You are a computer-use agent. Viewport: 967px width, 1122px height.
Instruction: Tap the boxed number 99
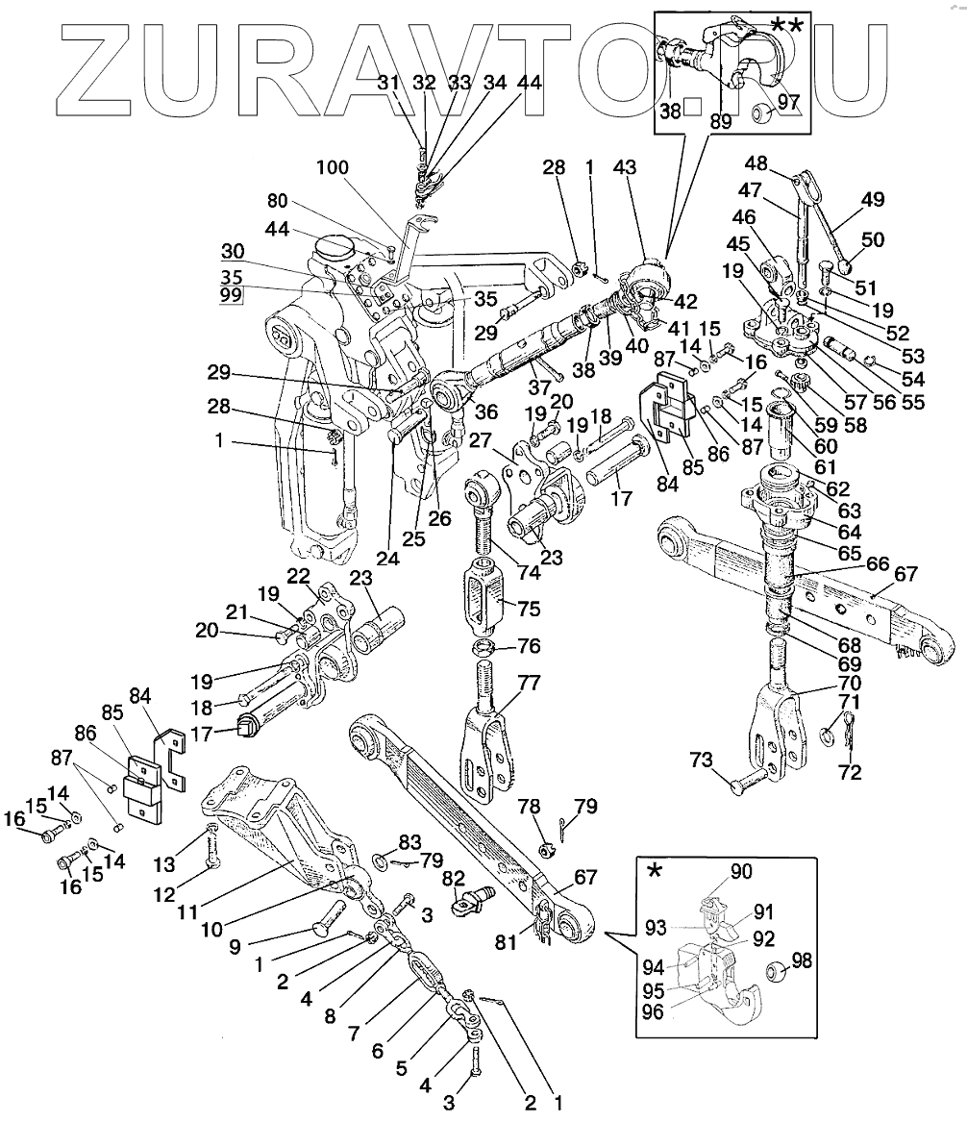point(231,295)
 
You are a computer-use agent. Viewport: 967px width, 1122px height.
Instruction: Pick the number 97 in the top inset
point(788,102)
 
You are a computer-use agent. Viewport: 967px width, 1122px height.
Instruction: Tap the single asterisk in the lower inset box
point(656,871)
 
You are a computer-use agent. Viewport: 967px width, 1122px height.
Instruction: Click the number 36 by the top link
point(487,411)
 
